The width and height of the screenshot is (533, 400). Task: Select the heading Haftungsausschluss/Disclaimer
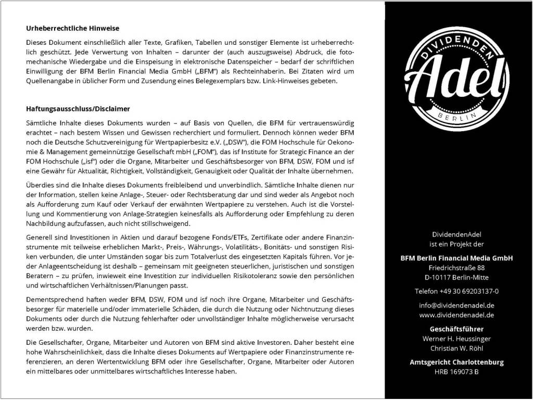coord(78,109)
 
